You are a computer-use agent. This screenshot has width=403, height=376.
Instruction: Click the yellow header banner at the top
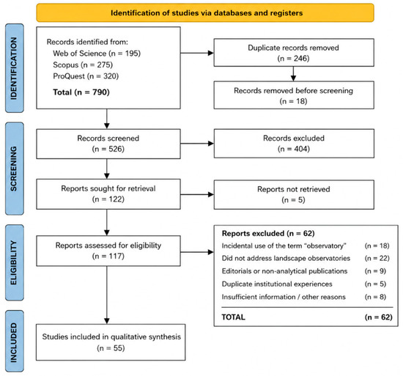[x=205, y=12]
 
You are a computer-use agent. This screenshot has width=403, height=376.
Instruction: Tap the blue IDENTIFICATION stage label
[x=15, y=68]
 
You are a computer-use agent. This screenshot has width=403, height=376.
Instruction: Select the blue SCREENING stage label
[x=15, y=169]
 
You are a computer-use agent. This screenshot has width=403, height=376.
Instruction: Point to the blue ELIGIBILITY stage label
[x=15, y=262]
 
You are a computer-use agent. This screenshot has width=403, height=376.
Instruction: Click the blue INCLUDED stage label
[x=15, y=341]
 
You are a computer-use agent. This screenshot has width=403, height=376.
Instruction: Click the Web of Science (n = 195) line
[x=97, y=54]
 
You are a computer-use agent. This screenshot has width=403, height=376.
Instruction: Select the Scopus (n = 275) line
[x=83, y=64]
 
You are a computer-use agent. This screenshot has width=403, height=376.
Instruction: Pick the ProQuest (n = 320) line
[x=86, y=76]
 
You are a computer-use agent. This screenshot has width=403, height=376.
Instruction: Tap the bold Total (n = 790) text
[x=81, y=92]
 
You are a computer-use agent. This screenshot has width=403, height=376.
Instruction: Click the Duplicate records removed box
[x=294, y=53]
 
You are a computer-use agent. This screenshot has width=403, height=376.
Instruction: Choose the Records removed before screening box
[x=294, y=95]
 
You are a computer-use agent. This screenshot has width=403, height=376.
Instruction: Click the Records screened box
[x=108, y=144]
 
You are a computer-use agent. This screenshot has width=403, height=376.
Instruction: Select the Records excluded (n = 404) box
[x=294, y=144]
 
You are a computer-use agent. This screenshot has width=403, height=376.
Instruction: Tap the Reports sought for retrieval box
[x=108, y=194]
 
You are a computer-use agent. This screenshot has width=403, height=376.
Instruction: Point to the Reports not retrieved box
[x=294, y=194]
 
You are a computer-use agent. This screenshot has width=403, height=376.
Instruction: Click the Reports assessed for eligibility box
[x=108, y=251]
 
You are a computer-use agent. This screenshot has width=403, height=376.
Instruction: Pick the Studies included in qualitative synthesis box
[x=111, y=342]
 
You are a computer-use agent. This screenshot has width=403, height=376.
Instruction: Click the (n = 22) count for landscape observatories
[x=377, y=258]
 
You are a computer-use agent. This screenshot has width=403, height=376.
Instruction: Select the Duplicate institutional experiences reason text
[x=277, y=284]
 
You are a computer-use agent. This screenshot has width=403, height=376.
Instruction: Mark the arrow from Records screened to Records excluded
[x=197, y=144]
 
